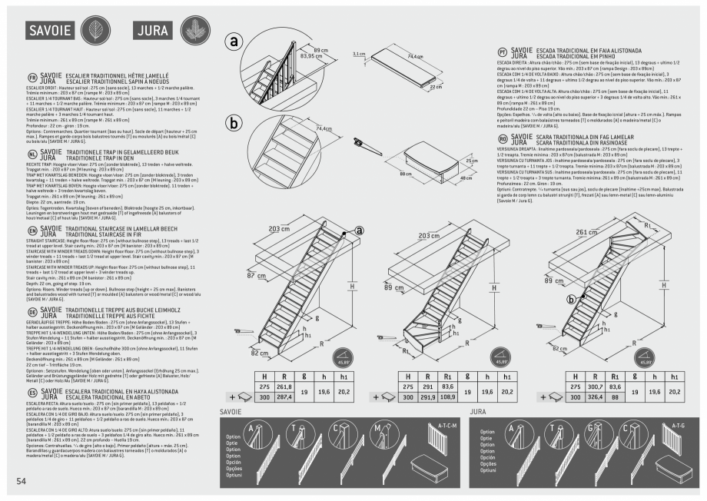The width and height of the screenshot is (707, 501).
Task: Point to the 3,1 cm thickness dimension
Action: [x=357, y=55]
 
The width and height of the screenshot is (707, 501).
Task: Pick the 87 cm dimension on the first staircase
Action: [x=256, y=274]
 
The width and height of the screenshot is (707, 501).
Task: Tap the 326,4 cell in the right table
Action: [x=594, y=399]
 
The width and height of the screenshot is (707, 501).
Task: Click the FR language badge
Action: [x=32, y=78]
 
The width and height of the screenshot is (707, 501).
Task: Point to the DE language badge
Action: [x=32, y=312]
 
